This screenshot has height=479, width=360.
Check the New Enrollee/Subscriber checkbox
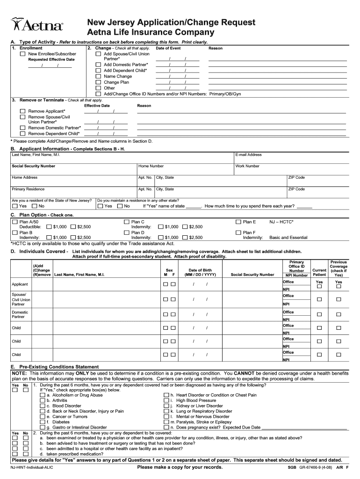[x=22, y=54]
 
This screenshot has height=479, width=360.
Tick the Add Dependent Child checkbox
[x=98, y=71]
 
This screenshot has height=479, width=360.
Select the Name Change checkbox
[x=98, y=76]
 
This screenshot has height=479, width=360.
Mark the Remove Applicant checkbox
[x=22, y=111]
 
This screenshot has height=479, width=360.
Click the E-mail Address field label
[x=249, y=155]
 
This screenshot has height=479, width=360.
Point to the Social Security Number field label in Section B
[x=33, y=166]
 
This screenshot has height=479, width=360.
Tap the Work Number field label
[x=247, y=166]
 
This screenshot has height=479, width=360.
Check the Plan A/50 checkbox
[x=15, y=221]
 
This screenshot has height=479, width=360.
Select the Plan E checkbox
[x=238, y=221]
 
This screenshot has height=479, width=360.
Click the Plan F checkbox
[x=238, y=232]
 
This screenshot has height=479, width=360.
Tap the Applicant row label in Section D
[x=20, y=284]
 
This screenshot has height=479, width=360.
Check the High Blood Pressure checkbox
[x=166, y=400]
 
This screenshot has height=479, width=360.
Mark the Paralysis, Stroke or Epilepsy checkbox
[x=166, y=422]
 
